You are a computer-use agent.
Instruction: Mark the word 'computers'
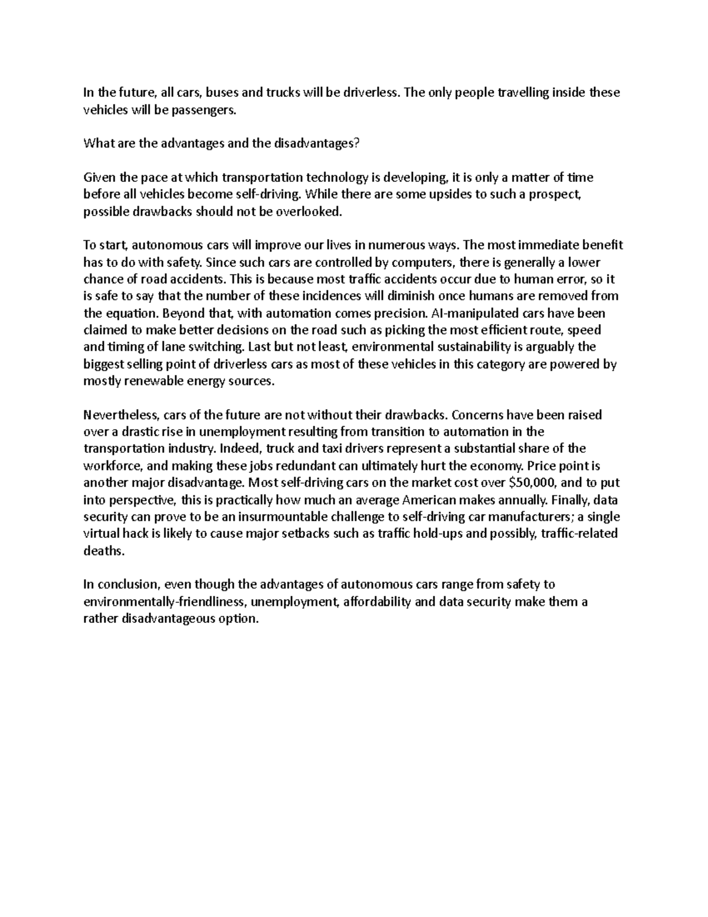coord(423,262)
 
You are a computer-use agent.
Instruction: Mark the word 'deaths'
coord(104,551)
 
